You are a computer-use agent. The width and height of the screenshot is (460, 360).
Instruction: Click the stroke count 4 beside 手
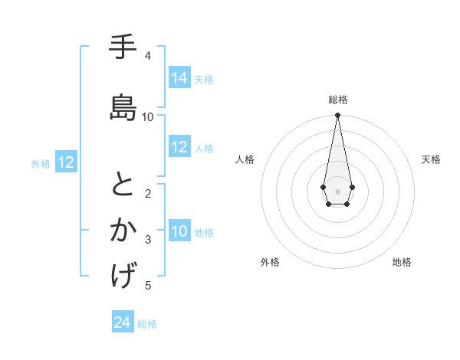[148, 56]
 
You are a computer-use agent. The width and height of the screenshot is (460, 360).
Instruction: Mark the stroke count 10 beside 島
[148, 117]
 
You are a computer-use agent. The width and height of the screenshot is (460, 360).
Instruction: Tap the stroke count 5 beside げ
[148, 286]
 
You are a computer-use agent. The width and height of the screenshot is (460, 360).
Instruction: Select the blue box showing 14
[179, 78]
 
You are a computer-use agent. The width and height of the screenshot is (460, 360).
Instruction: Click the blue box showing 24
[122, 323]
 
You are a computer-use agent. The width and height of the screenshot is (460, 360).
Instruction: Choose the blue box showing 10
[179, 232]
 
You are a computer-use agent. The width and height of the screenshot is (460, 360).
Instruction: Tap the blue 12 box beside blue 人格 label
[179, 148]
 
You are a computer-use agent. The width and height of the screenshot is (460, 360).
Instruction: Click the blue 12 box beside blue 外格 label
[66, 162]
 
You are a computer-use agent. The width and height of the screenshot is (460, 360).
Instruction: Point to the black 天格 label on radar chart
[431, 159]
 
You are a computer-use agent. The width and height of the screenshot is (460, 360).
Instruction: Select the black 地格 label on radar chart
[402, 262]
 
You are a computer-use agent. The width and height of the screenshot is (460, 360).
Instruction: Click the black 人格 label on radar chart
[245, 159]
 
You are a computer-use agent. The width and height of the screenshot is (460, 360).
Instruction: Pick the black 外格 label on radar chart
[270, 262]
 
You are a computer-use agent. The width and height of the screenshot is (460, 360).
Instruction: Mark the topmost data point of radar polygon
[337, 116]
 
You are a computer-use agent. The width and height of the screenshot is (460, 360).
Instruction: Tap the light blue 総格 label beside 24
[147, 324]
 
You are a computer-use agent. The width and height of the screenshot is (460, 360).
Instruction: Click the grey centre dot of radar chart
[337, 190]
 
